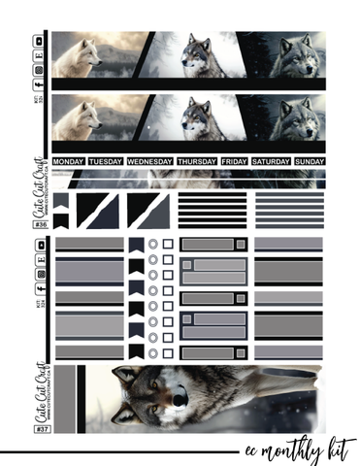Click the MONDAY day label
coord(69,161)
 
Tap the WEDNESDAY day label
coord(149,161)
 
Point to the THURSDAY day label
coord(197,161)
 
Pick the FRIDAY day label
coord(234,161)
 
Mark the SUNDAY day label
coord(309,161)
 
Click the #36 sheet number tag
coord(41,225)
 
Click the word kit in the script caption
coord(342,448)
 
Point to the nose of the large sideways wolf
coord(179,395)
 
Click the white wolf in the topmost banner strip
coord(78,58)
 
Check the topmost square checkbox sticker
coord(168,245)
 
